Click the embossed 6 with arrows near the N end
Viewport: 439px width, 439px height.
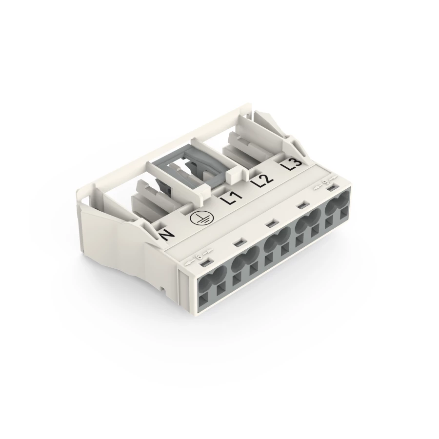200,257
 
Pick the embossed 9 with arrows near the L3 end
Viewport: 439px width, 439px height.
325,183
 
